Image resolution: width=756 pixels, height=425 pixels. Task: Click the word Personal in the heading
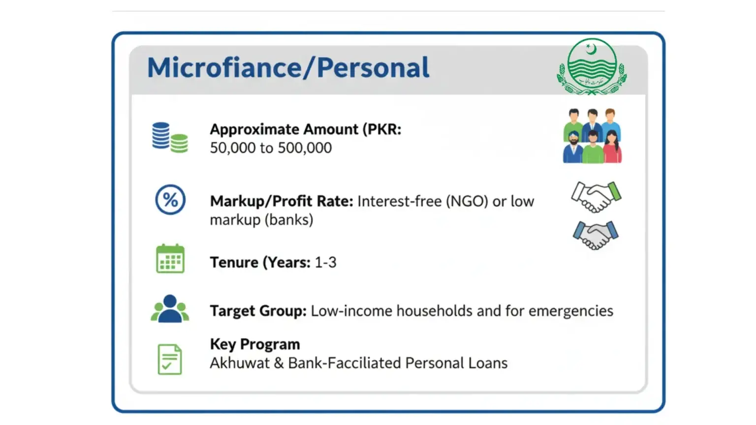(x=373, y=68)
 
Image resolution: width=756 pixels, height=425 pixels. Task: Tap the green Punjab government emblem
(x=592, y=67)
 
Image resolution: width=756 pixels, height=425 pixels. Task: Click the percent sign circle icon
(x=170, y=200)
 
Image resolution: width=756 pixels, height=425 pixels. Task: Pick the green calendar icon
(x=170, y=259)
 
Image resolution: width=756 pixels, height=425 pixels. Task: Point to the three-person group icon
(x=170, y=309)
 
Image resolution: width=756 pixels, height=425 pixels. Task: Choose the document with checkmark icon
(x=170, y=359)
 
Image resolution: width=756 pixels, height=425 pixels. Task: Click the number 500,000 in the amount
(x=305, y=148)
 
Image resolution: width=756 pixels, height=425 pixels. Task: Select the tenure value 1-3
(x=325, y=263)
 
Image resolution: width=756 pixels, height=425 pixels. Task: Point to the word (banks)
(x=289, y=220)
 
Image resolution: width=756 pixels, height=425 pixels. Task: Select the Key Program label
(x=255, y=344)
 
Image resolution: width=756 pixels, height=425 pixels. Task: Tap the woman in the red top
(x=612, y=149)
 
